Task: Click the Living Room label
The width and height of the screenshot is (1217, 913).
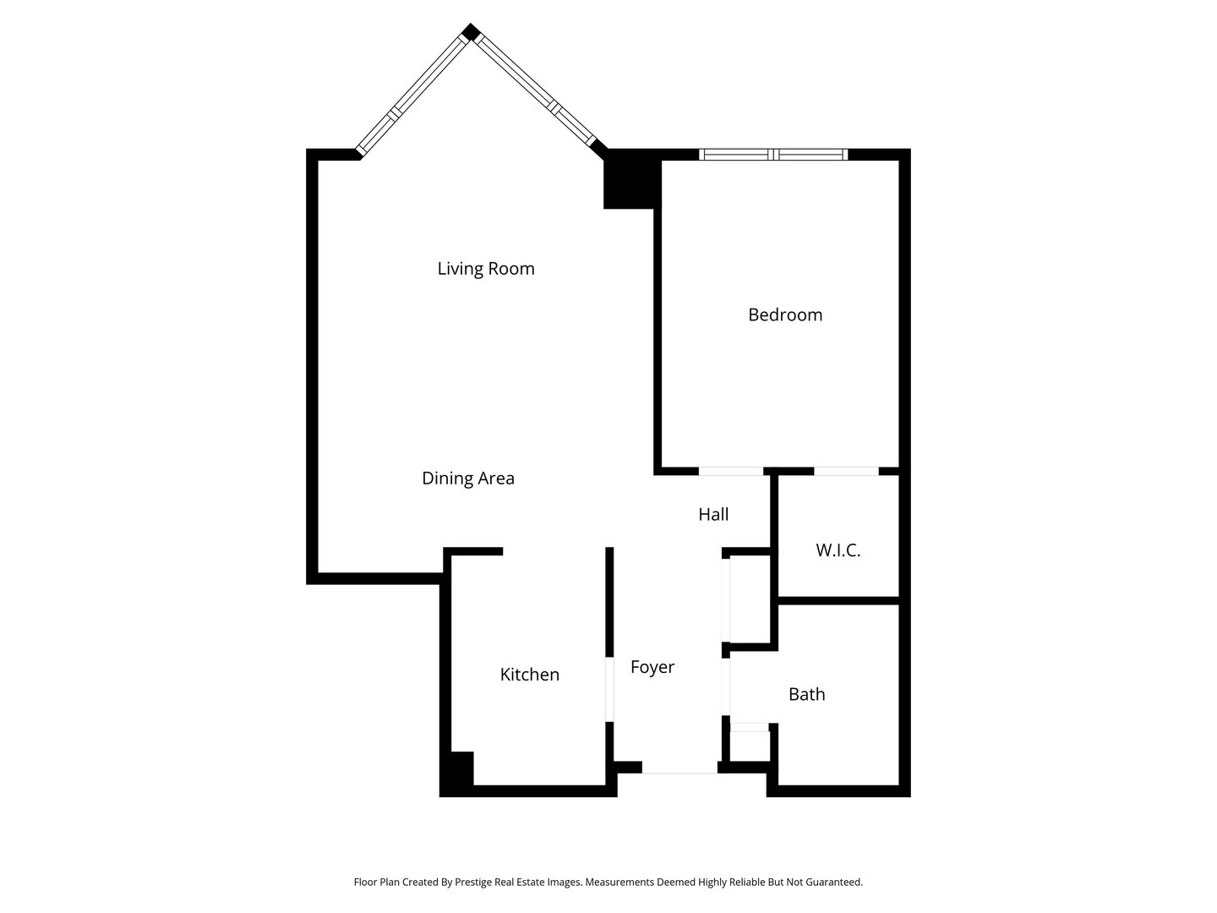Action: point(486,269)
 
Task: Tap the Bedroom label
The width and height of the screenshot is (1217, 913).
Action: point(785,314)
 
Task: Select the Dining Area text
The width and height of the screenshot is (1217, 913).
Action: point(468,478)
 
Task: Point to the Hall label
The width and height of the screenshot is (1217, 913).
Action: point(713,514)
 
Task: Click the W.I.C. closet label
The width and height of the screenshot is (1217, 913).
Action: point(838,550)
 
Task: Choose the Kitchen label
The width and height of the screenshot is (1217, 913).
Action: point(530,675)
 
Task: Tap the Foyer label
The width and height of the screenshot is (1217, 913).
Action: point(652,667)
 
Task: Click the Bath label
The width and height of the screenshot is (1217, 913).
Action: point(806,694)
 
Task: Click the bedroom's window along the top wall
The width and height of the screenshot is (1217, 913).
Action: point(773,155)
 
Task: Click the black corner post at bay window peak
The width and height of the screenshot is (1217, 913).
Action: point(471,33)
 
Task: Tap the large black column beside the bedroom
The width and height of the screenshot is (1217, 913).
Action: point(630,179)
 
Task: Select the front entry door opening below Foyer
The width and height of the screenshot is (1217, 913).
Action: point(679,768)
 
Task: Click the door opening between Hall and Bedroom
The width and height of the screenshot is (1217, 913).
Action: point(731,471)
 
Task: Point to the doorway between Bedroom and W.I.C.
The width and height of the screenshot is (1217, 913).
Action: point(846,471)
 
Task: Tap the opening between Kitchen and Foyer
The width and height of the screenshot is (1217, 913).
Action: point(609,689)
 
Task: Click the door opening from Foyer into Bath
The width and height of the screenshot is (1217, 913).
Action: point(725,686)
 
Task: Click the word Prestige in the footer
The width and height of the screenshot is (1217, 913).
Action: point(478,882)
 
